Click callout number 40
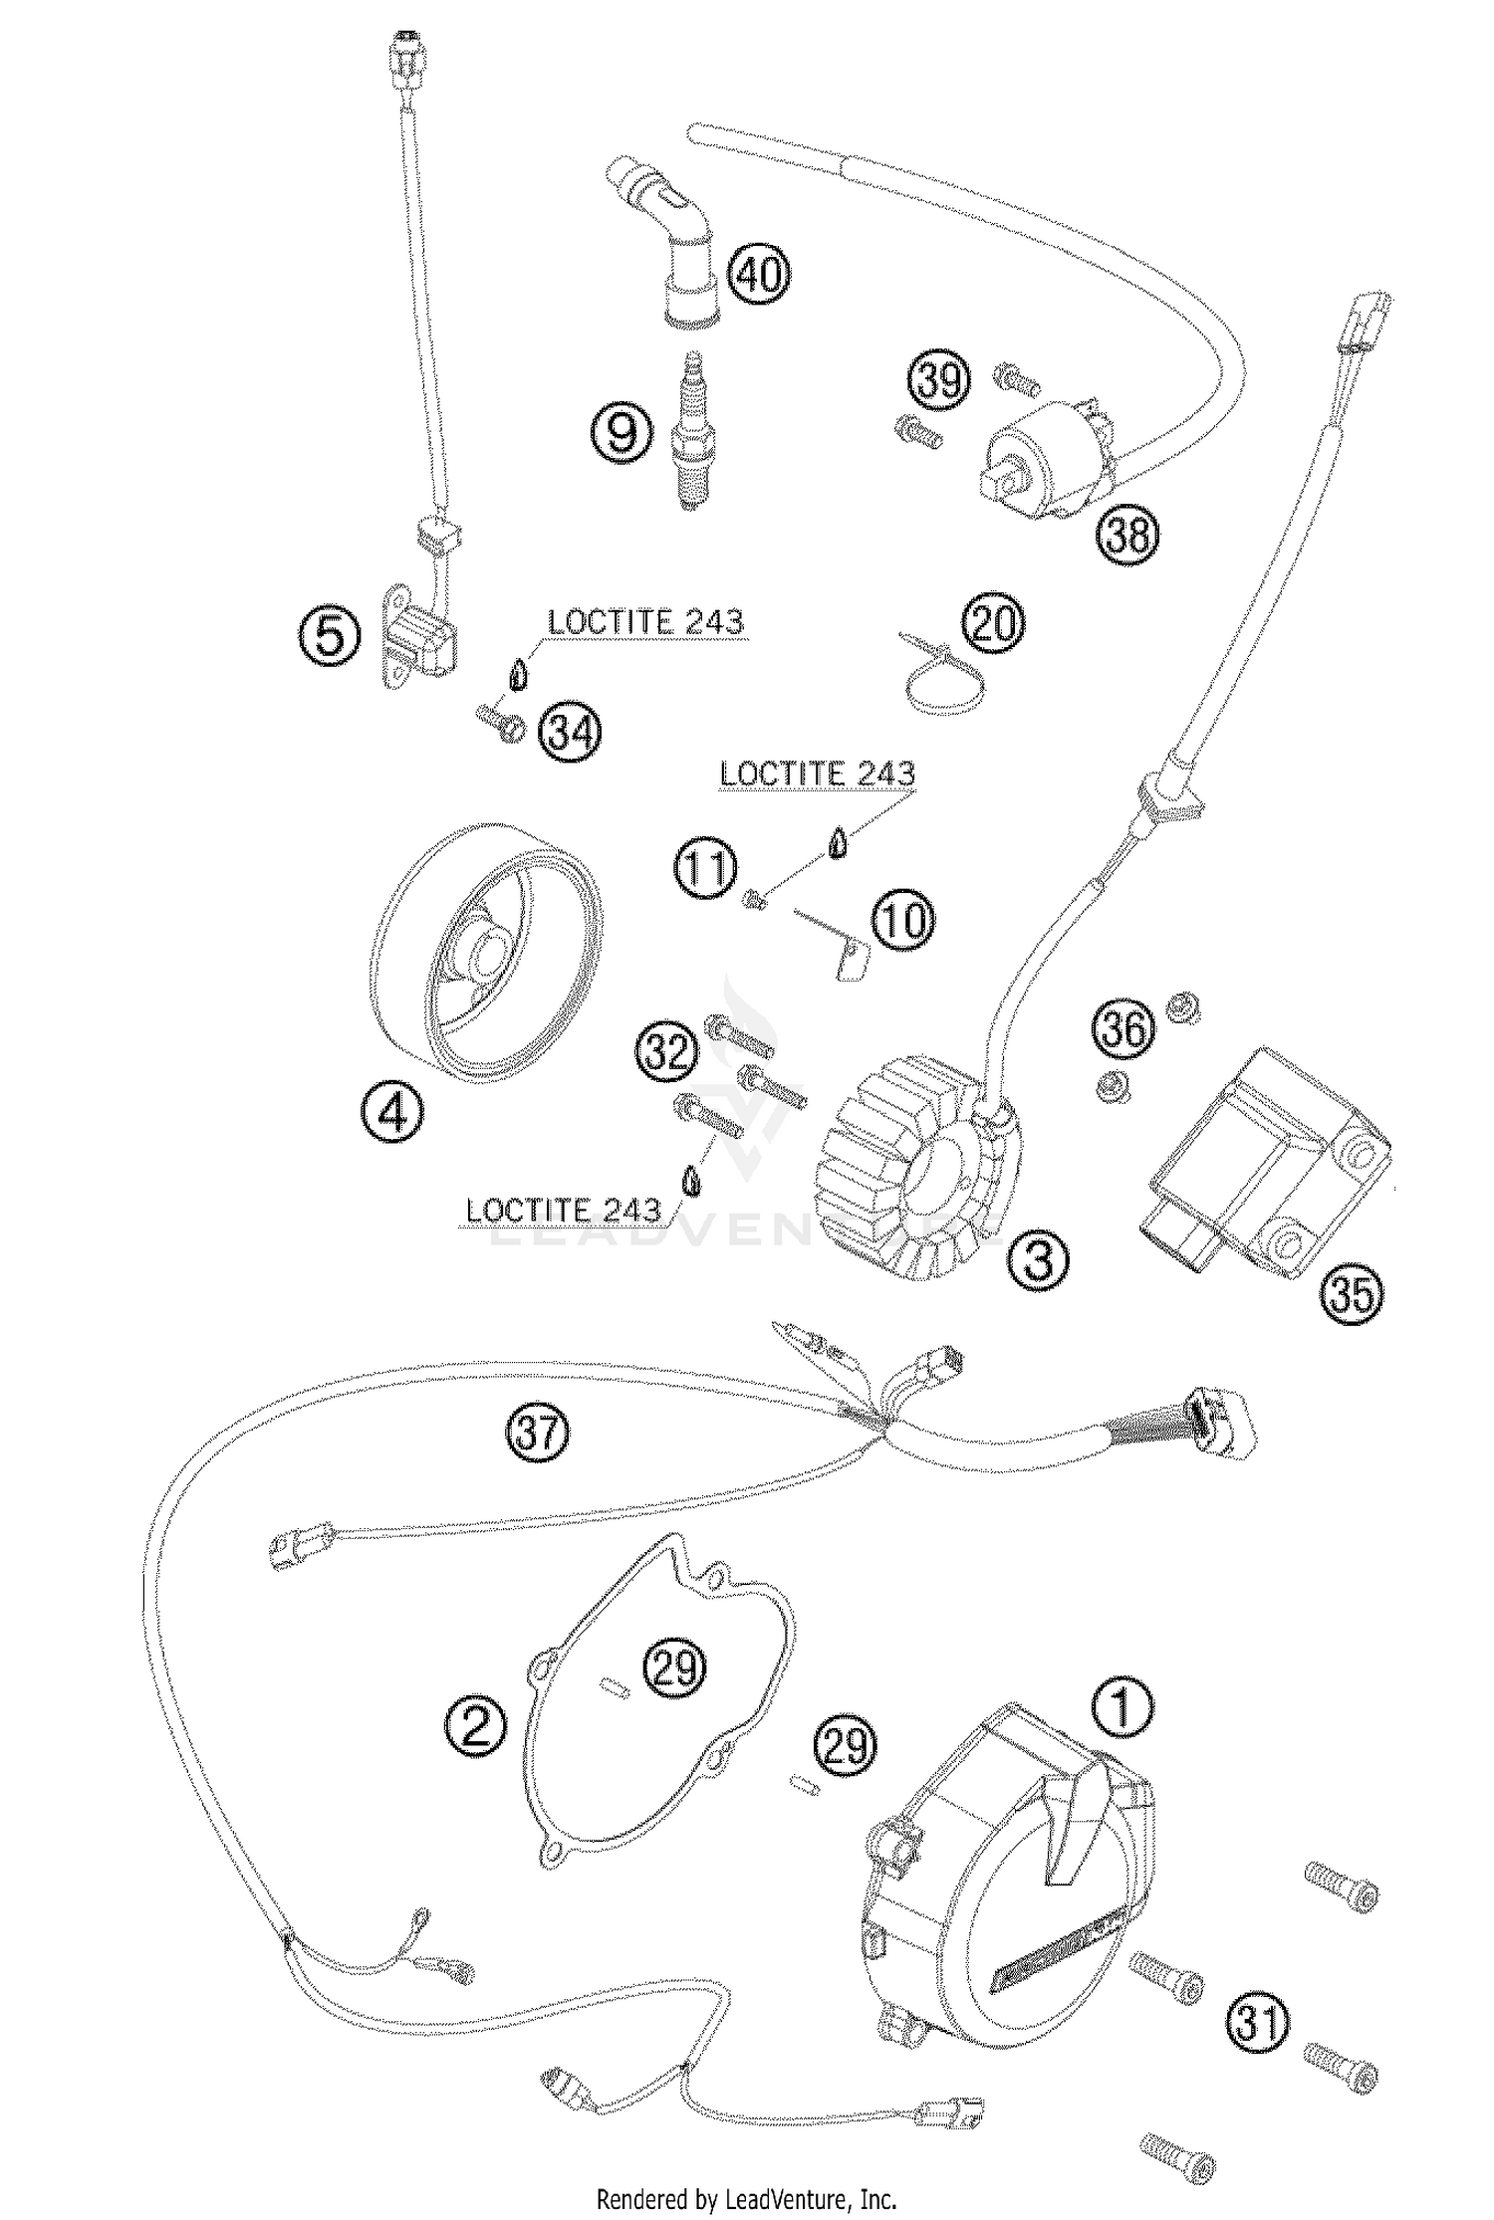click(x=760, y=272)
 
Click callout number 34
click(x=571, y=733)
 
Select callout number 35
click(x=1354, y=1294)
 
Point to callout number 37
click(x=539, y=1434)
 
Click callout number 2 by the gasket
click(x=476, y=1725)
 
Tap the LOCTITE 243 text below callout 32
click(x=563, y=1211)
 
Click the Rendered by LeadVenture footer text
click(x=746, y=2198)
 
